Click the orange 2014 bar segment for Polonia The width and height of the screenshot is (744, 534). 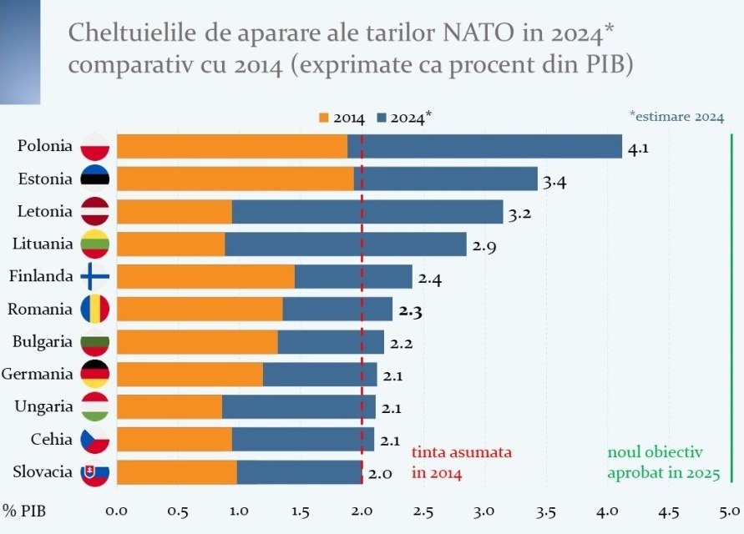click(231, 146)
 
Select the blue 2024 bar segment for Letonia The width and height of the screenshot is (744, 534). click(367, 211)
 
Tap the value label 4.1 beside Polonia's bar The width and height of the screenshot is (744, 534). click(638, 150)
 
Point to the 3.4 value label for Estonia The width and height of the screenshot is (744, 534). click(554, 183)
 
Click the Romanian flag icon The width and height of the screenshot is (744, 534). click(94, 310)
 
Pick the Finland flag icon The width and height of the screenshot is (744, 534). click(94, 276)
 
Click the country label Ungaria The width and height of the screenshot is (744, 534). click(43, 406)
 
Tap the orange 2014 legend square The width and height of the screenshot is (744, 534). click(324, 118)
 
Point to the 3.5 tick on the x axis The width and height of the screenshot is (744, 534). click(546, 511)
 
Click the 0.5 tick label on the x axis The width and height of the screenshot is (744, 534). click(178, 511)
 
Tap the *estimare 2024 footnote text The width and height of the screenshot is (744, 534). click(676, 117)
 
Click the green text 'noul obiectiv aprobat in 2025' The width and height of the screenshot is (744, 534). click(663, 462)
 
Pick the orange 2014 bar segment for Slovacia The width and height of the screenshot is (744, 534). click(176, 472)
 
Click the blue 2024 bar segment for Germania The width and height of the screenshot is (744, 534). click(320, 374)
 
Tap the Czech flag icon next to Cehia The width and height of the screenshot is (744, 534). click(94, 439)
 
